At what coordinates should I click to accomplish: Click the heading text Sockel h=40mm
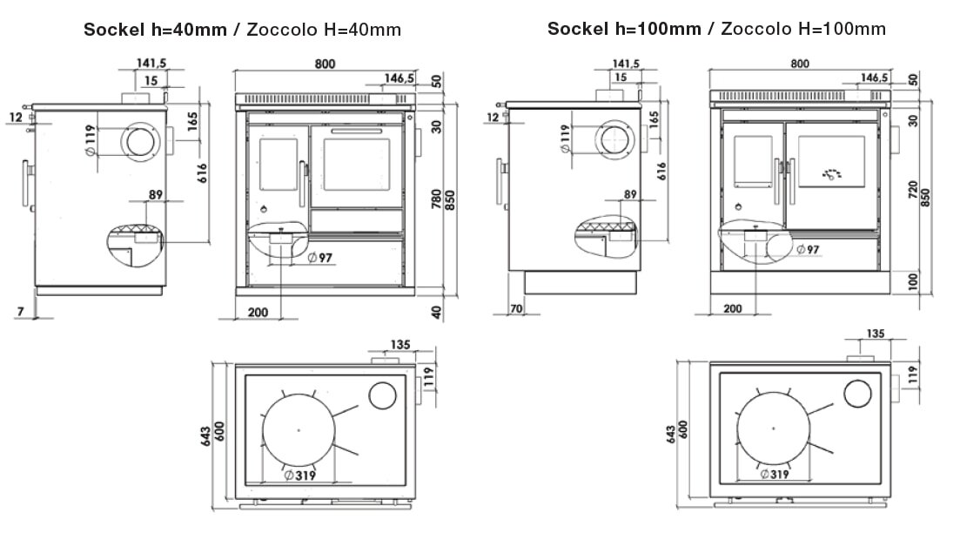click(155, 30)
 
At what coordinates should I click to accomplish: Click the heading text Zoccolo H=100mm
click(803, 28)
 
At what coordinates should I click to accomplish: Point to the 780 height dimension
click(437, 199)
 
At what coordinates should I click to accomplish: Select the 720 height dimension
click(914, 190)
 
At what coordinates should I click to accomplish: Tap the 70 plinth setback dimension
click(516, 308)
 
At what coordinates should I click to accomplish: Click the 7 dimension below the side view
click(20, 312)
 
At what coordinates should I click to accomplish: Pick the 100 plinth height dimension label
click(914, 281)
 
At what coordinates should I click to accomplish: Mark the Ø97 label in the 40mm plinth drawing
click(319, 258)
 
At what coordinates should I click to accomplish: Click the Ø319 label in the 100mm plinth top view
click(775, 474)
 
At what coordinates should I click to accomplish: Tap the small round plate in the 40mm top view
click(383, 395)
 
